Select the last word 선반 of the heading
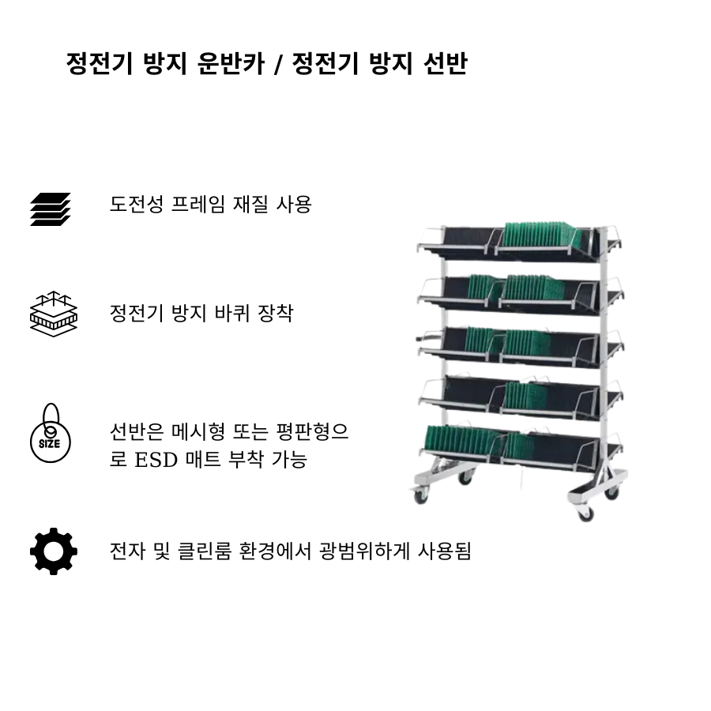(x=443, y=62)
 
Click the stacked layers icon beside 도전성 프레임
(x=51, y=209)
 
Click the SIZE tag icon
(x=50, y=434)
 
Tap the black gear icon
(x=53, y=551)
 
